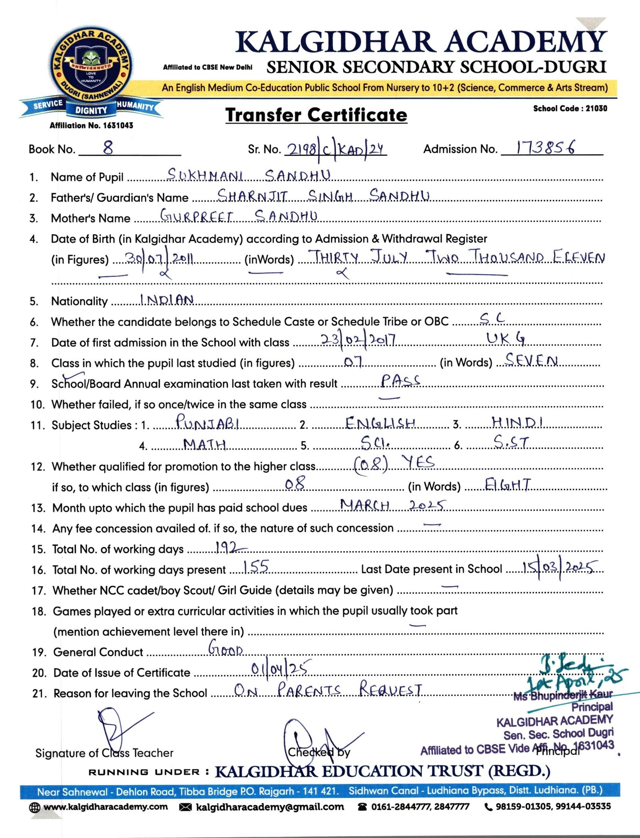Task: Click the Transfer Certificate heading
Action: [x=316, y=115]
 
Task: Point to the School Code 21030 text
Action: [x=570, y=108]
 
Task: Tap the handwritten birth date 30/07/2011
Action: [x=160, y=259]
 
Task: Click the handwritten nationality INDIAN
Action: [x=167, y=300]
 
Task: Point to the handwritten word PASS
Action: [x=400, y=380]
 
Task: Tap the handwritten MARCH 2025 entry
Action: [x=392, y=506]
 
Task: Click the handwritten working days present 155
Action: [x=256, y=567]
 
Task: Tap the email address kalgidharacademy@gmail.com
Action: [x=270, y=807]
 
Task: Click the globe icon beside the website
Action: [x=35, y=808]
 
